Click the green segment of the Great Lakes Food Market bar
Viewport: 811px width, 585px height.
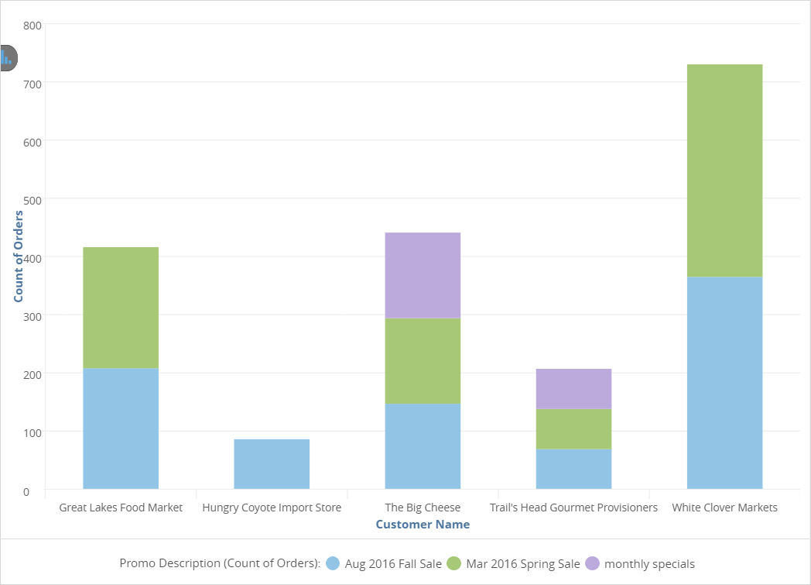point(121,308)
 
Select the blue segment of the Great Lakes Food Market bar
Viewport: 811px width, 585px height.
point(121,428)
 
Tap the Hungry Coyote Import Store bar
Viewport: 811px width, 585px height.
point(272,464)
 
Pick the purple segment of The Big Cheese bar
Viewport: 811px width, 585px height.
point(423,275)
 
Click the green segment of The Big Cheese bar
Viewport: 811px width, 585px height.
point(423,361)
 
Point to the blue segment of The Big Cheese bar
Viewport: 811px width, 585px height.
point(423,446)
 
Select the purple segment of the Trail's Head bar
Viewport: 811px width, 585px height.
point(573,389)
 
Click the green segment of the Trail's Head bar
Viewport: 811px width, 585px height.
point(573,428)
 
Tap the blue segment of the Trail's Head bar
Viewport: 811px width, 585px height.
point(573,469)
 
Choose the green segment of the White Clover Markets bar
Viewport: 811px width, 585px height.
point(724,170)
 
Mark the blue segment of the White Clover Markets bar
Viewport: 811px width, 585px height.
point(724,383)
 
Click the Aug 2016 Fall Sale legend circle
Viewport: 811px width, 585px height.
point(334,563)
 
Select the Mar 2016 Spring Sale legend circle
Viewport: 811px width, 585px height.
point(454,563)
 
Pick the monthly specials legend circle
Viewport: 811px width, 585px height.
point(593,563)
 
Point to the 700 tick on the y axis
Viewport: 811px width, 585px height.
point(32,83)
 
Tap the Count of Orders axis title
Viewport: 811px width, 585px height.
point(19,256)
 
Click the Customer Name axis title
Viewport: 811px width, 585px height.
point(423,525)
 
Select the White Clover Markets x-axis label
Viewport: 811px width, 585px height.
point(724,508)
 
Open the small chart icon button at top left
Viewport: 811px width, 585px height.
point(8,57)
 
